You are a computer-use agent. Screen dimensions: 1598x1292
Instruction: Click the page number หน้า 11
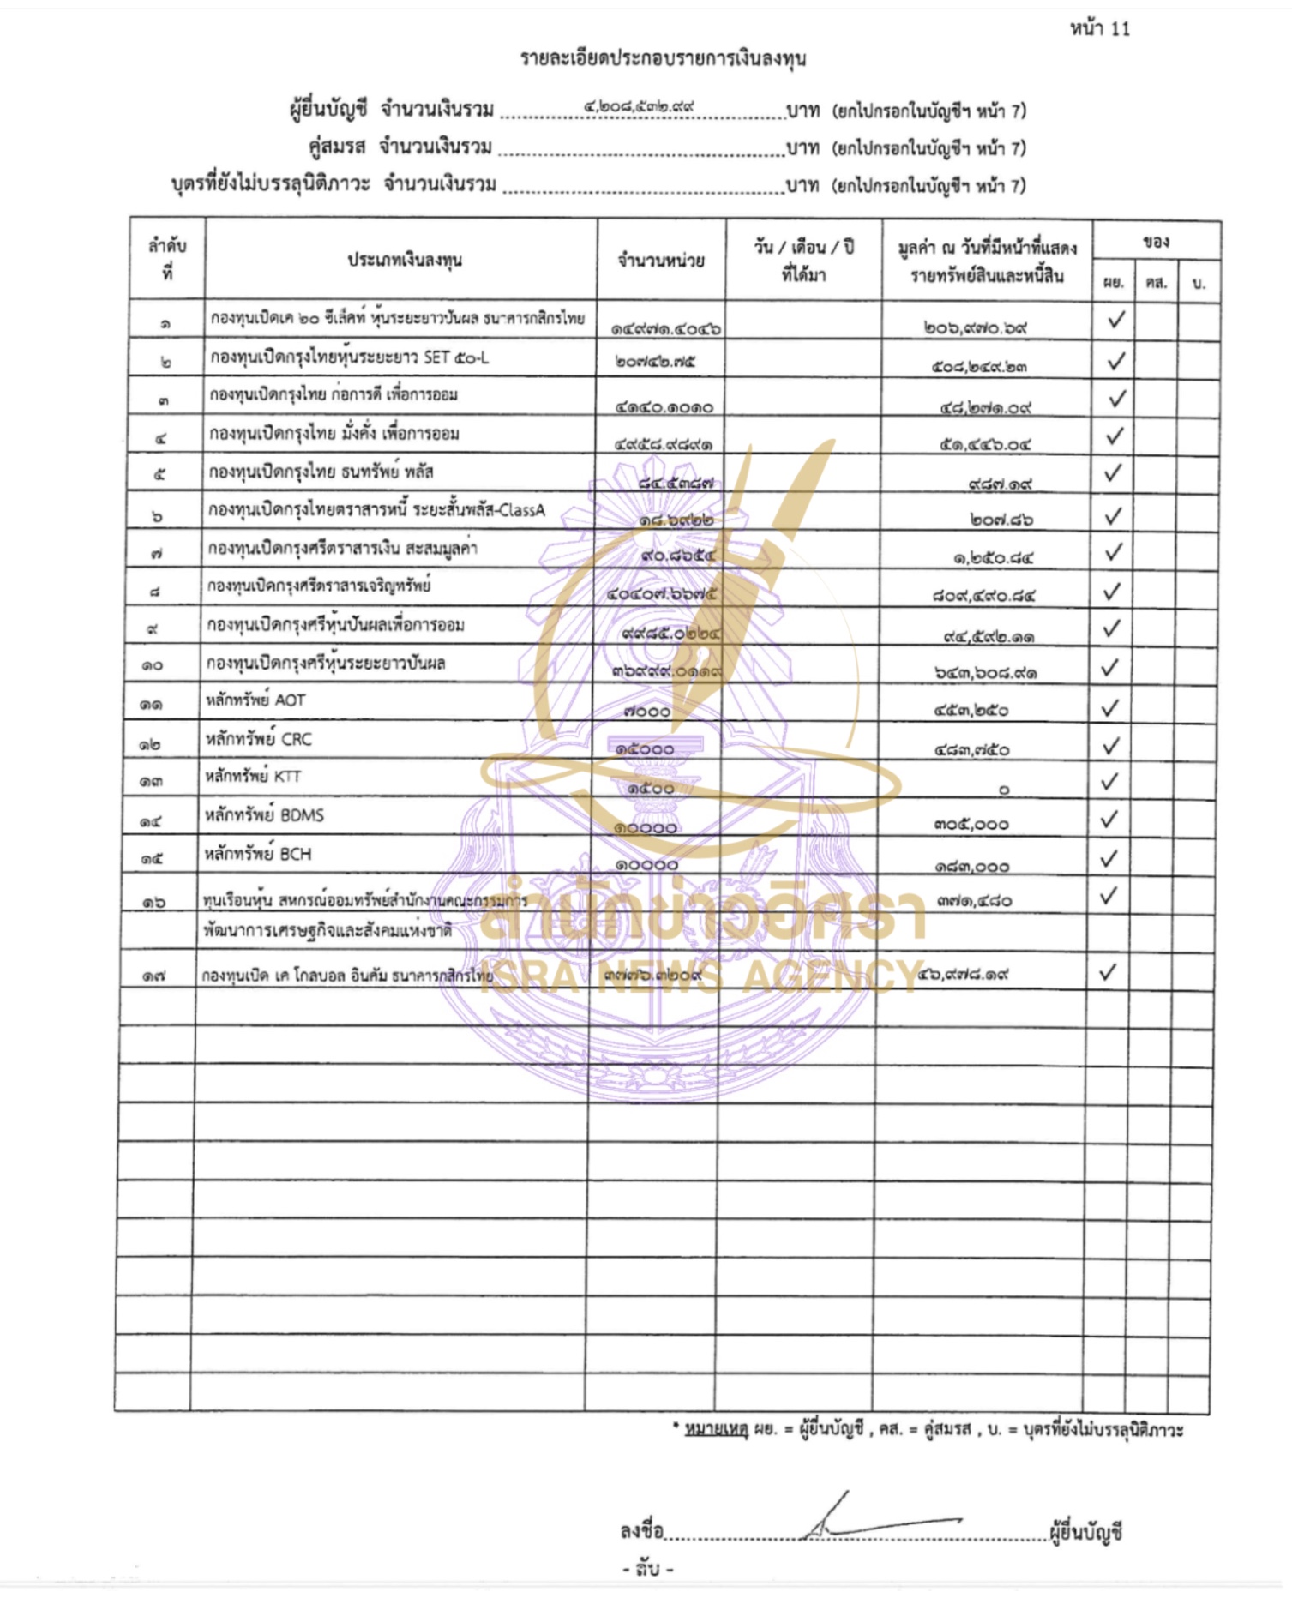tap(1099, 29)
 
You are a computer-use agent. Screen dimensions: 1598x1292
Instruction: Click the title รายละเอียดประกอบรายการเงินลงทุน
tap(663, 58)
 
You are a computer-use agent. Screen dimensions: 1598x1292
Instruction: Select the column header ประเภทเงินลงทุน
tap(405, 260)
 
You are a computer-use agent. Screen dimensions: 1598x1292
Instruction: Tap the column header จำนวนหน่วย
tap(661, 261)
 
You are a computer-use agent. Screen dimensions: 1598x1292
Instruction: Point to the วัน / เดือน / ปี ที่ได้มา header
tap(803, 261)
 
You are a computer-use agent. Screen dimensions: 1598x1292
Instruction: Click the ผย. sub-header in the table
tap(1113, 283)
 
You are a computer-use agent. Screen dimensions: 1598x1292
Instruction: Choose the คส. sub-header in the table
tap(1156, 283)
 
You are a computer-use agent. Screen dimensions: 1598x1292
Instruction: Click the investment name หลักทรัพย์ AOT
tap(255, 700)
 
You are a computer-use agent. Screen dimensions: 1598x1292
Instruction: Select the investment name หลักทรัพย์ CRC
tap(258, 739)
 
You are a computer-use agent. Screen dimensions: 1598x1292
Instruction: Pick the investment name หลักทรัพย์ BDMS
tap(264, 815)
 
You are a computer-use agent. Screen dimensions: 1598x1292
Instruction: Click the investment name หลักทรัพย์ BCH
tap(258, 854)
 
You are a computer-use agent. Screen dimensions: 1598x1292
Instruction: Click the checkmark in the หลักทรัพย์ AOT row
tap(1110, 707)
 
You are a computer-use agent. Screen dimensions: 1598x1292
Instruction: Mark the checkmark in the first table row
tap(1116, 320)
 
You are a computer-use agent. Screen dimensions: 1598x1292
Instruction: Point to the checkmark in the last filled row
tap(1108, 971)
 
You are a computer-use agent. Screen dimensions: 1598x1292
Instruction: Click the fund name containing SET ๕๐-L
tap(350, 357)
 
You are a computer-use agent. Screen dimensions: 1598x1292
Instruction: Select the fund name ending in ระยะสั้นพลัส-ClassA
tap(376, 510)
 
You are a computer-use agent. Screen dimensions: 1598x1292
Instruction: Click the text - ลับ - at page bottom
tap(647, 1568)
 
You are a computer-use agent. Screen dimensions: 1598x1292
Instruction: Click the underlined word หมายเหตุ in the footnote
tap(717, 1429)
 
